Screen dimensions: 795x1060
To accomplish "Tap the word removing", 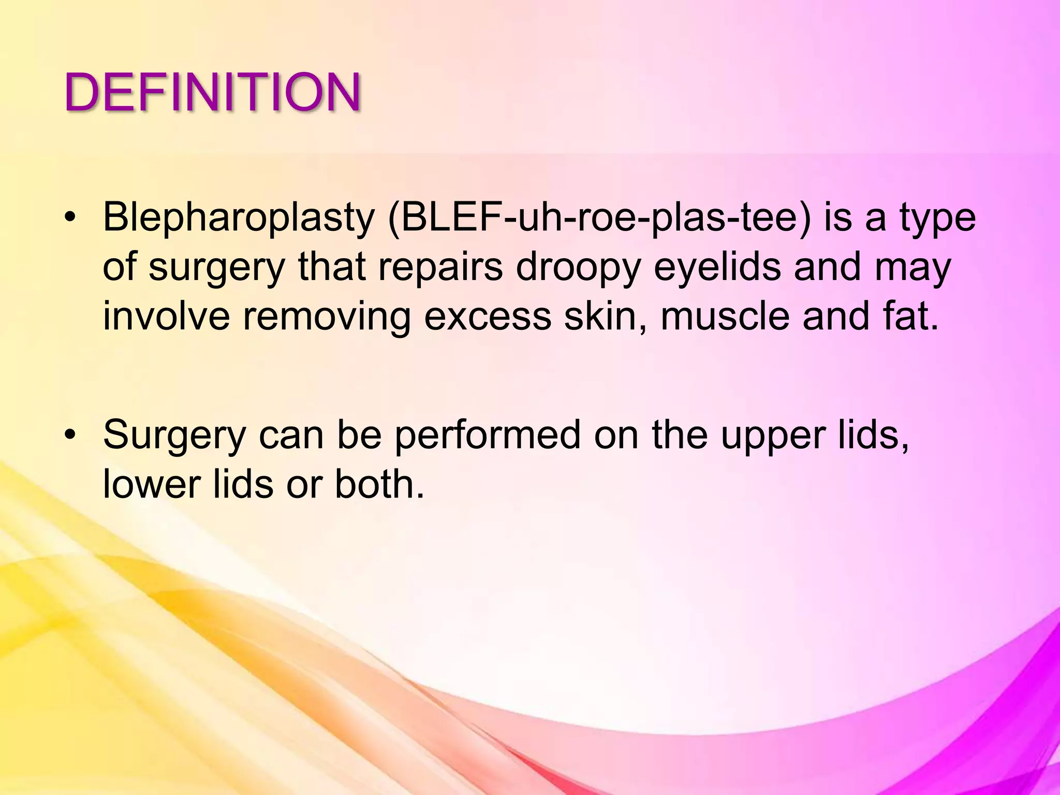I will [327, 317].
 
